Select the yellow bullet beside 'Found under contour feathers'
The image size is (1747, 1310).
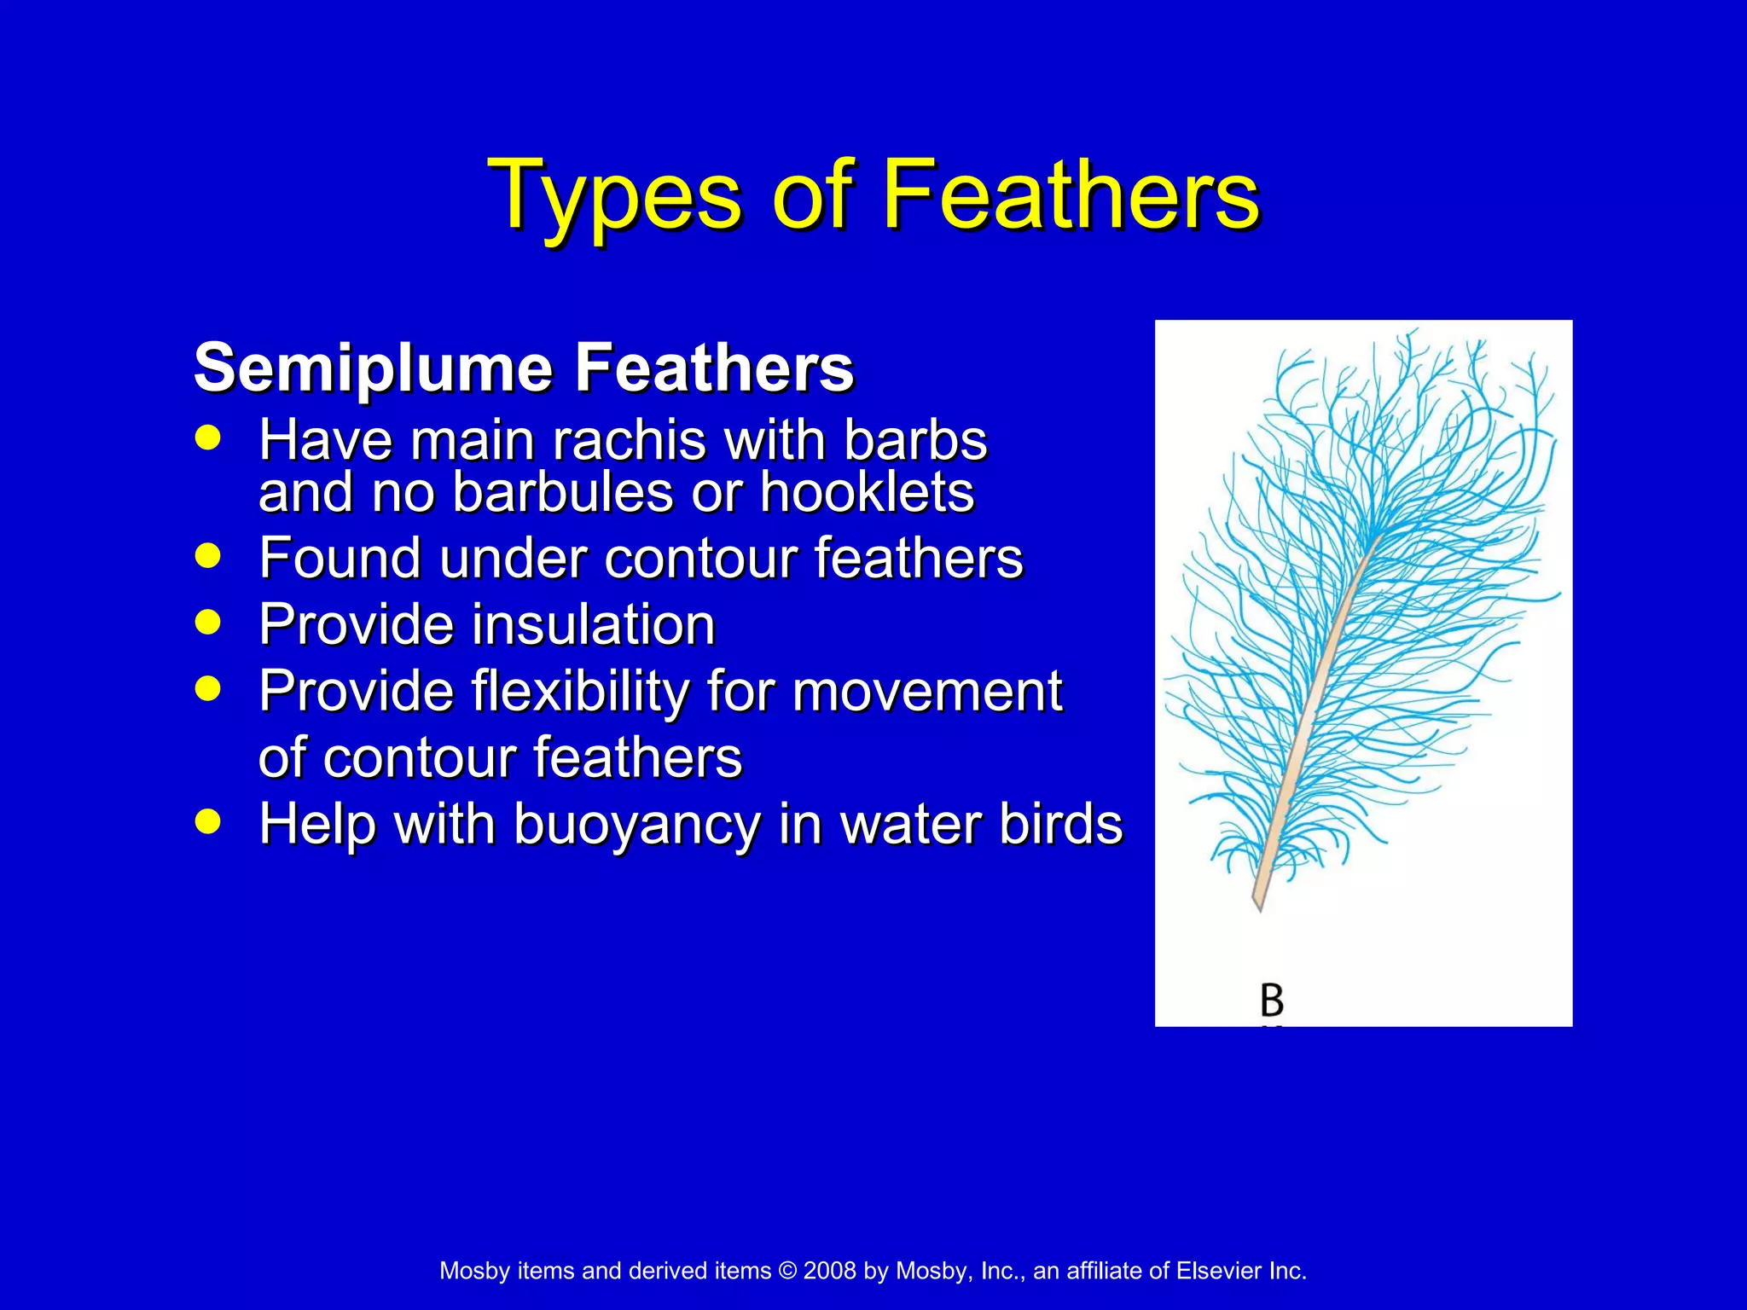[x=207, y=556]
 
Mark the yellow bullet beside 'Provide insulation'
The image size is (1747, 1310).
[x=207, y=622]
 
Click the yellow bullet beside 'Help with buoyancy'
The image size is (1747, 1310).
[x=207, y=821]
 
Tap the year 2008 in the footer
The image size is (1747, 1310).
[x=829, y=1271]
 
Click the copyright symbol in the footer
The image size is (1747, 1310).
[x=787, y=1271]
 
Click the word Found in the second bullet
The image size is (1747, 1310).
[x=339, y=558]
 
